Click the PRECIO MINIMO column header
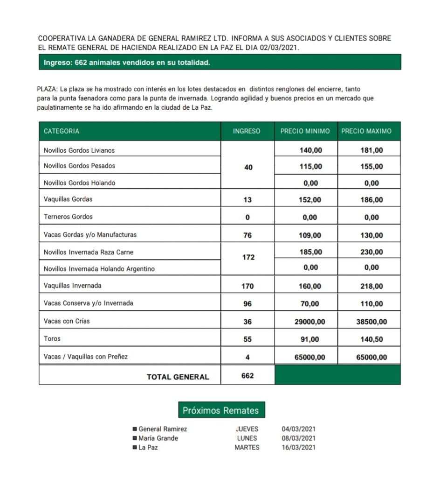(x=305, y=131)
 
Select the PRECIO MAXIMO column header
(x=366, y=131)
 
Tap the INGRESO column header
(x=247, y=131)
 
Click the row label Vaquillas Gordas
(x=68, y=199)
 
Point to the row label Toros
(x=52, y=339)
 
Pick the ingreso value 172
(x=248, y=257)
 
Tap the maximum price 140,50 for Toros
(x=371, y=339)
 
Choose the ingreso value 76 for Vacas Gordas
(x=247, y=235)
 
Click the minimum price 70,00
(x=309, y=304)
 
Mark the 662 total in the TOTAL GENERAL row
(x=247, y=375)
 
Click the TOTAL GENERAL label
(x=178, y=377)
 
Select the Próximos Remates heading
(x=220, y=410)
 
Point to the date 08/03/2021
(x=298, y=438)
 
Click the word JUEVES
(x=247, y=429)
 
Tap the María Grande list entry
(x=158, y=438)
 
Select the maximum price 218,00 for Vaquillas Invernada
(x=371, y=286)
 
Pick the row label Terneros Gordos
(x=68, y=217)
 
